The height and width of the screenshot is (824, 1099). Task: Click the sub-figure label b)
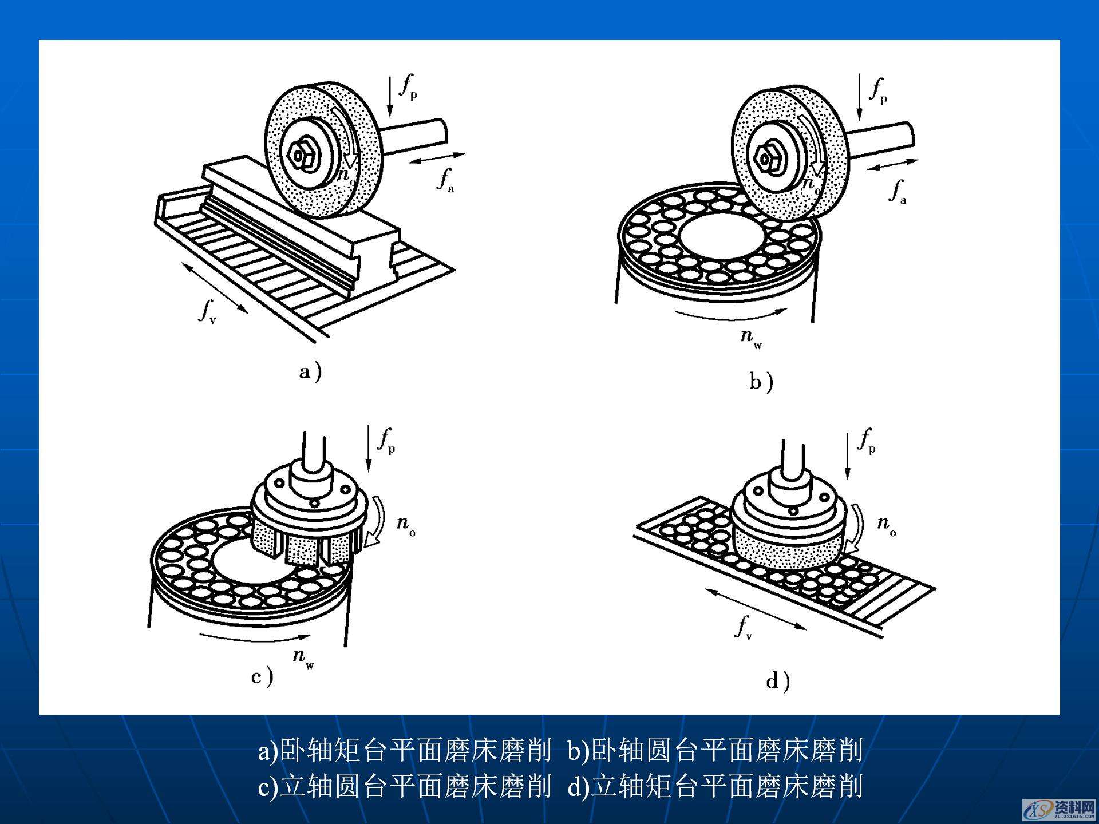click(761, 382)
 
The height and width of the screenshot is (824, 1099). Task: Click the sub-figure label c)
click(262, 677)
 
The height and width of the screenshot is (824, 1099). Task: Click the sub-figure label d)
click(778, 682)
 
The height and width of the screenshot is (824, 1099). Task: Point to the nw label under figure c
click(302, 657)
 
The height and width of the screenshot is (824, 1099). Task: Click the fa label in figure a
click(445, 180)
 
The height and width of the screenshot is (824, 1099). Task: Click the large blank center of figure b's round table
click(720, 235)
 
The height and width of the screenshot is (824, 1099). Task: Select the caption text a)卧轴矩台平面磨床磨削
click(404, 750)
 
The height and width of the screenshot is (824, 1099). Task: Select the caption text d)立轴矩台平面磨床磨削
click(715, 786)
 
